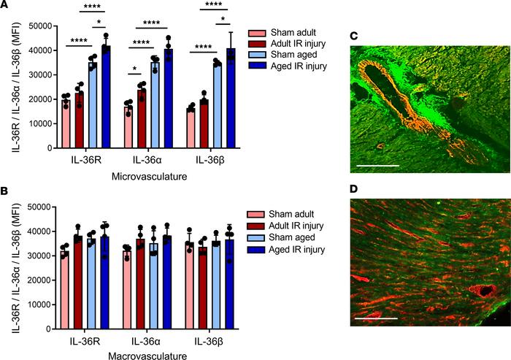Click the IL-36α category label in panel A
[148, 161]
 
